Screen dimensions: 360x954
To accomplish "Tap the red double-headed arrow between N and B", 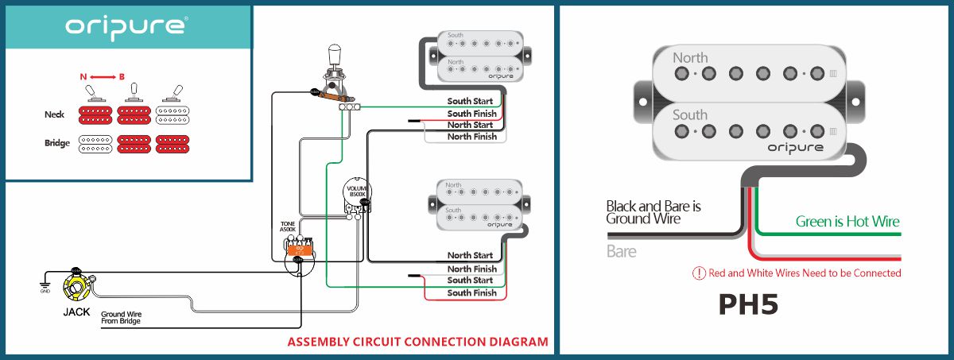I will click(102, 76).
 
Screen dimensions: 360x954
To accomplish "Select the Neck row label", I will click(55, 114).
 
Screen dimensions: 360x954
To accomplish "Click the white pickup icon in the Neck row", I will click(174, 114).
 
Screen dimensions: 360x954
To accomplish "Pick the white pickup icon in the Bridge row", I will click(95, 144).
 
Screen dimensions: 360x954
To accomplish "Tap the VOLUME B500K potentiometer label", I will click(356, 192).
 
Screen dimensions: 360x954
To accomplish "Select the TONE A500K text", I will click(288, 227).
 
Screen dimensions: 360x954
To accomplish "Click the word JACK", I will click(76, 312).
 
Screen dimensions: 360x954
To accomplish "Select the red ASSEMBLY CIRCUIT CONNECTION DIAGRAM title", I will click(417, 343).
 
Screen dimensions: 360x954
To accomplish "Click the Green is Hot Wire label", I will click(847, 222).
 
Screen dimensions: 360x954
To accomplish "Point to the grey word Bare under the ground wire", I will click(621, 252).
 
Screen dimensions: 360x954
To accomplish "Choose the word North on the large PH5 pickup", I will click(690, 58).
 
